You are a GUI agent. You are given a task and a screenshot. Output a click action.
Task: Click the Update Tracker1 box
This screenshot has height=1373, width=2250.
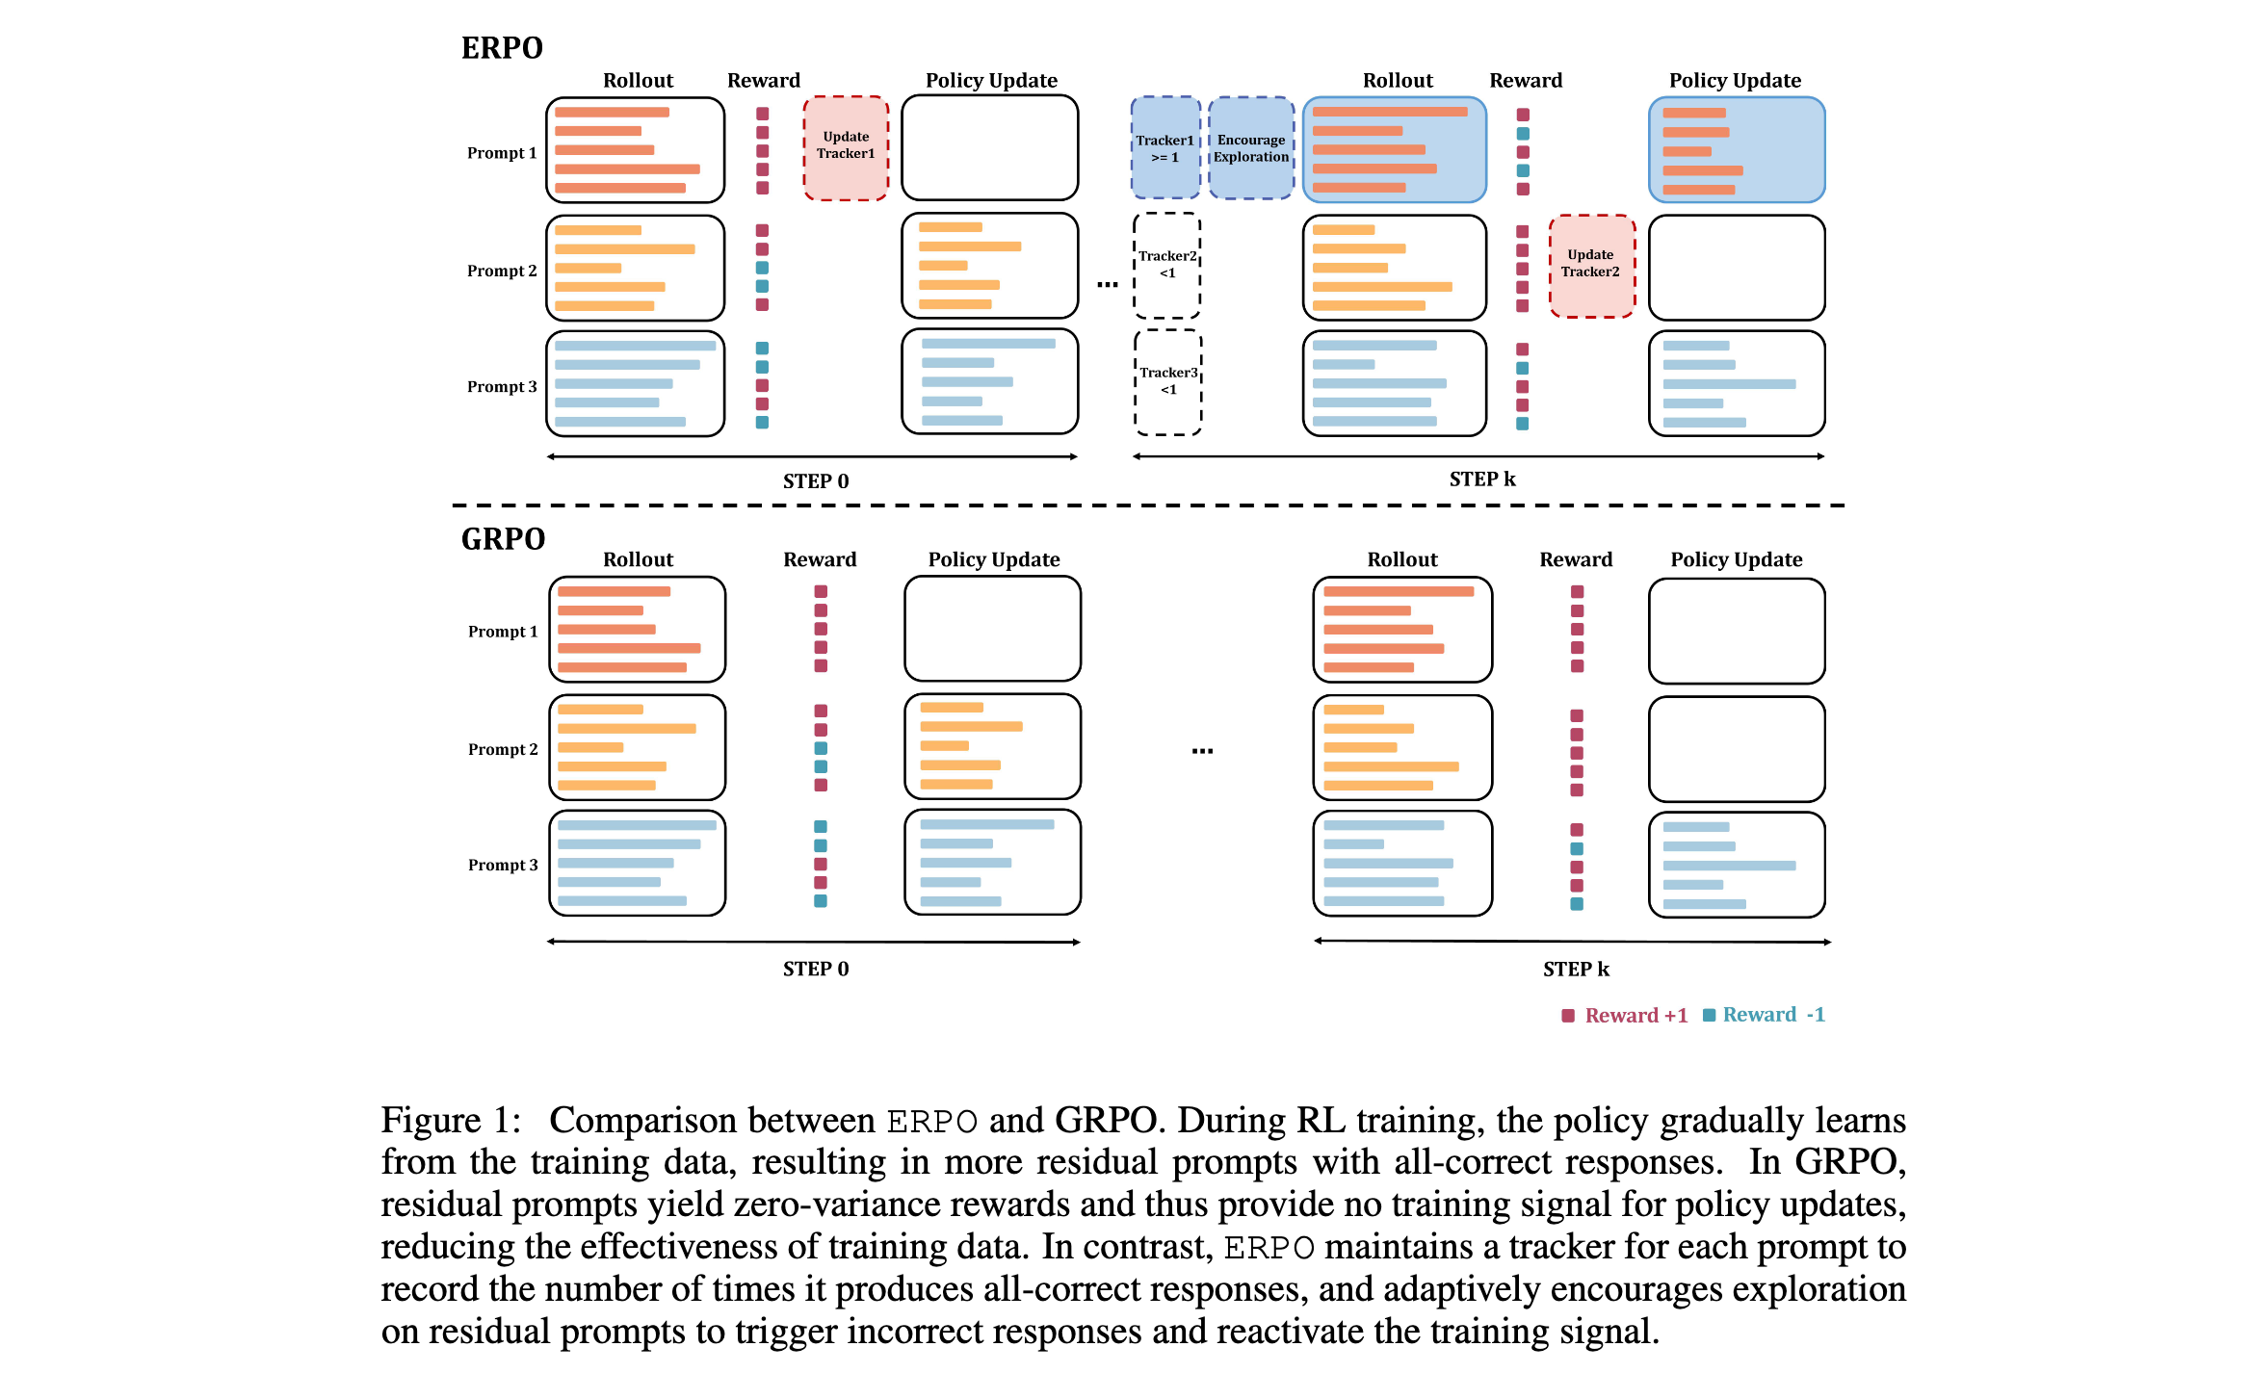pyautogui.click(x=846, y=147)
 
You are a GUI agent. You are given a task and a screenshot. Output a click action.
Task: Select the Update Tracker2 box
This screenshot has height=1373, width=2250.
pyautogui.click(x=1591, y=265)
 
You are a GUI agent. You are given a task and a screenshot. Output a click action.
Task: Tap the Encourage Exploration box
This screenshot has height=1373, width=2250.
pyautogui.click(x=1250, y=148)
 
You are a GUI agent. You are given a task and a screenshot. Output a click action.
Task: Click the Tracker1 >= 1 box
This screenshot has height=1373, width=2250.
pyautogui.click(x=1164, y=148)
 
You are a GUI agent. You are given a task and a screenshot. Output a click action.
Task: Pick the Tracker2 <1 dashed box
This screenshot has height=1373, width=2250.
pyautogui.click(x=1167, y=265)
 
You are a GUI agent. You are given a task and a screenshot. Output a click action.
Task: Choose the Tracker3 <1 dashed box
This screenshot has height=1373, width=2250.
pyautogui.click(x=1168, y=381)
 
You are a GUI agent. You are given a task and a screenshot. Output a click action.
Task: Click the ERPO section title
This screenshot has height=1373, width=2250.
pyautogui.click(x=502, y=48)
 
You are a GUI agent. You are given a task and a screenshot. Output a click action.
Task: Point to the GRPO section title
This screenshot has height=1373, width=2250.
pyautogui.click(x=503, y=539)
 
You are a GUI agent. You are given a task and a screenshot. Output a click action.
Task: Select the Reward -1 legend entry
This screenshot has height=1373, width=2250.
pyautogui.click(x=1764, y=1015)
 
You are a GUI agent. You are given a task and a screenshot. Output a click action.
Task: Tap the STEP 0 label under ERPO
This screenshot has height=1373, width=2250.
pyautogui.click(x=815, y=481)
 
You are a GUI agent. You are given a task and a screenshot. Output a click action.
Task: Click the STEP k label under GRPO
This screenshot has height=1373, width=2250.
pyautogui.click(x=1576, y=969)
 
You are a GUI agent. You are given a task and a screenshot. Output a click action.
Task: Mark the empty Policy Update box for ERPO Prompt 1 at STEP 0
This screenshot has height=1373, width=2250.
pyautogui.click(x=989, y=147)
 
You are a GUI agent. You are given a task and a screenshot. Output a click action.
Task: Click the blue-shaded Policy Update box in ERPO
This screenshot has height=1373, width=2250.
pyautogui.click(x=1737, y=149)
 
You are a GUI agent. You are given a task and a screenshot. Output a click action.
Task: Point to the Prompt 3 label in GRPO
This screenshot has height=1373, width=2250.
pyautogui.click(x=503, y=865)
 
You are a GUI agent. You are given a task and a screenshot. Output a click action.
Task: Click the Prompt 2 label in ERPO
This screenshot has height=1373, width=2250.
pyautogui.click(x=502, y=271)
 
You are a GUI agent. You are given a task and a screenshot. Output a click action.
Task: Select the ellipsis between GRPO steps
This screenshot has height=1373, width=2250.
pyautogui.click(x=1202, y=750)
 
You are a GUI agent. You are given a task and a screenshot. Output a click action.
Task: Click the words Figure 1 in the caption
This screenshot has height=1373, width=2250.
pyautogui.click(x=451, y=1121)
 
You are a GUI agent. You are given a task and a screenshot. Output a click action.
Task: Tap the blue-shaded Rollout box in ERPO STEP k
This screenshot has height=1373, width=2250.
pyautogui.click(x=1394, y=149)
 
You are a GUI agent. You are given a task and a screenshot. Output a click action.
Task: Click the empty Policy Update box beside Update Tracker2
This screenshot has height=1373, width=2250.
pyautogui.click(x=1737, y=267)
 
